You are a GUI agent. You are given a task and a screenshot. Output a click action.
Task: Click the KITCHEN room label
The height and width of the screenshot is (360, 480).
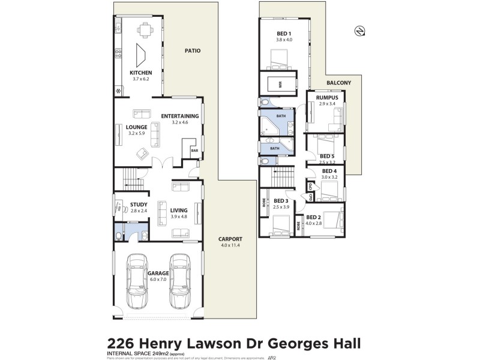click(x=140, y=73)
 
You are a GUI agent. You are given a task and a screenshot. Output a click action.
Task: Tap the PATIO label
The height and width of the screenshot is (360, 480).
click(x=192, y=52)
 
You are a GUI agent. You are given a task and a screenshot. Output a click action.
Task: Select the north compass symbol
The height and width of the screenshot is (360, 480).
click(x=359, y=30)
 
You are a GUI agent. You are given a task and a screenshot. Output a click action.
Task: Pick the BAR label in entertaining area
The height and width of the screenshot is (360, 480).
click(x=194, y=151)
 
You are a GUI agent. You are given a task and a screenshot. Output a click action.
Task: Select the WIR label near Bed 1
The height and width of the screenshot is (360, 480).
click(x=280, y=85)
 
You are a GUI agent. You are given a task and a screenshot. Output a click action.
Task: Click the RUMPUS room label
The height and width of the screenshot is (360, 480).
click(x=328, y=98)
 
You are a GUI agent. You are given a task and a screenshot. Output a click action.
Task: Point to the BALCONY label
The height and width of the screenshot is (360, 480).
click(x=339, y=83)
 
